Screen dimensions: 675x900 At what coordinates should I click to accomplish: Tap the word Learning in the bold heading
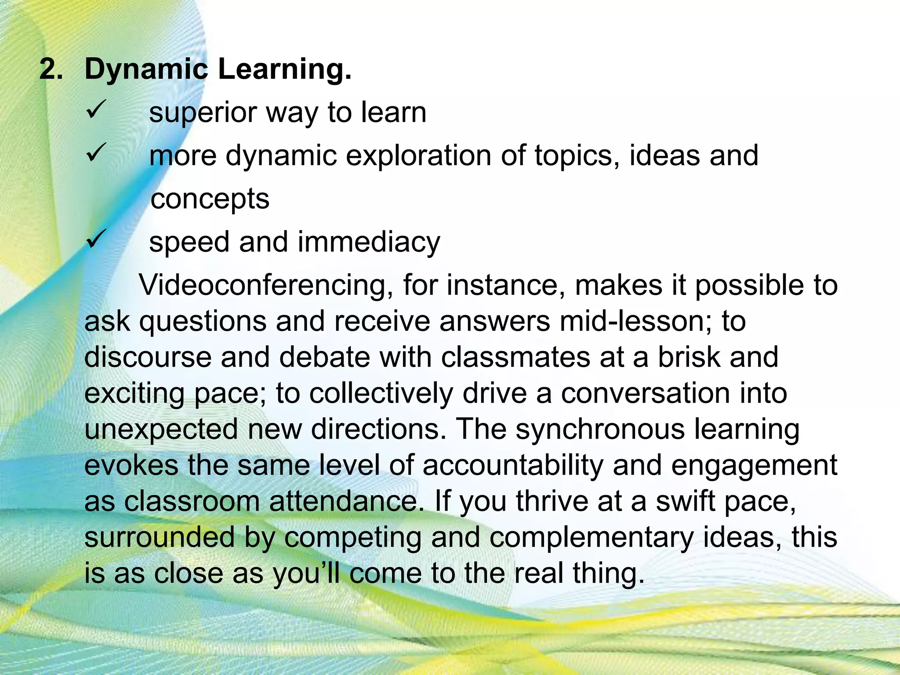[284, 70]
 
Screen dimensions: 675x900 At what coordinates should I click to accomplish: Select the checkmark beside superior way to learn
[96, 109]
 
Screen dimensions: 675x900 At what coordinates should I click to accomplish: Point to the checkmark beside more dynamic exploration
[96, 153]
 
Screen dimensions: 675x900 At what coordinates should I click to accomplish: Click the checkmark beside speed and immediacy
[96, 240]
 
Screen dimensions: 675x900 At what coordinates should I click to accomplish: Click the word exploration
[418, 156]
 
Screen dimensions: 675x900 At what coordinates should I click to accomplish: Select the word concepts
[210, 199]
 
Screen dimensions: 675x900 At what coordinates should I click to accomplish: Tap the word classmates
[515, 357]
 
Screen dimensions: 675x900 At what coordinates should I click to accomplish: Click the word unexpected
[161, 429]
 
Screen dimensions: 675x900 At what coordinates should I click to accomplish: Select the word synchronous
[599, 429]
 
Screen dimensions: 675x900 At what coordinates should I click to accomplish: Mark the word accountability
[512, 465]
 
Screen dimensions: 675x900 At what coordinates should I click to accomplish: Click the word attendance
[343, 501]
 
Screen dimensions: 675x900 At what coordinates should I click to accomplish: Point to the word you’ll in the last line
[306, 573]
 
